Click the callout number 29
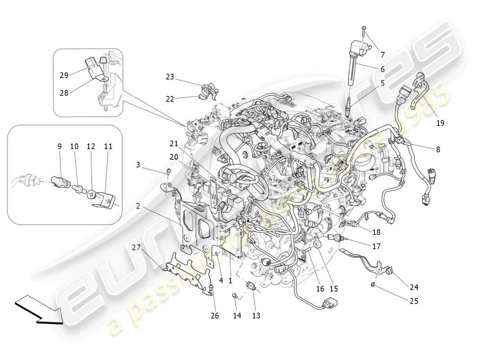pos(64,75)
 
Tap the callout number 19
pos(440,122)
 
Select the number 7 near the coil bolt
pos(382,55)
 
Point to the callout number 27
pos(136,247)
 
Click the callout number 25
pos(414,301)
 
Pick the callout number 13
pos(256,316)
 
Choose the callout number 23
pos(170,77)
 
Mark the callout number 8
pos(438,150)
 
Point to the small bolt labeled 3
pos(167,171)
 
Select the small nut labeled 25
pos(373,284)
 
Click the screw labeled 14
pos(235,296)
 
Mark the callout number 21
pos(174,144)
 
